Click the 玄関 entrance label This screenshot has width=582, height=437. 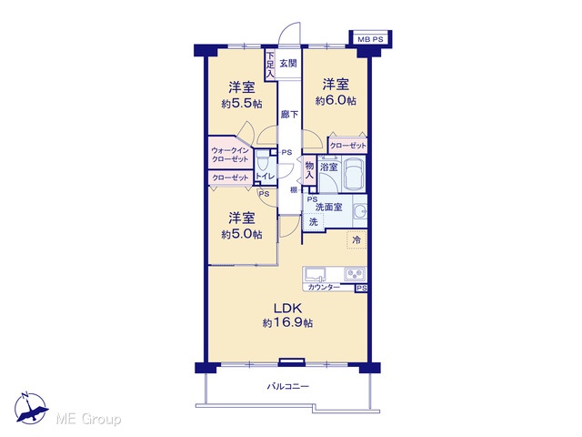click(288, 63)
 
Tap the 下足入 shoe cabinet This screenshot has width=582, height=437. click(270, 65)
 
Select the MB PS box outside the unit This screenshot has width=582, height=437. click(370, 38)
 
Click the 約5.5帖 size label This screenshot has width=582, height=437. click(242, 104)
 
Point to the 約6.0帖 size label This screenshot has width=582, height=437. click(336, 101)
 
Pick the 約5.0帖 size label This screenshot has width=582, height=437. click(242, 235)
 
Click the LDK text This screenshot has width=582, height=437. click(287, 308)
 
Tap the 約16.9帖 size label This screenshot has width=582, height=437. click(287, 323)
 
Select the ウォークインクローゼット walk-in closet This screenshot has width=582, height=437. click(230, 154)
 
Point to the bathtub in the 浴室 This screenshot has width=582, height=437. click(354, 174)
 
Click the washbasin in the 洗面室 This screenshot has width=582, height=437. click(359, 212)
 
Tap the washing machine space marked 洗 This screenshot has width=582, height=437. click(314, 222)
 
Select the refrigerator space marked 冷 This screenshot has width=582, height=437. click(356, 240)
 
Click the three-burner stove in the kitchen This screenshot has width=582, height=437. click(355, 274)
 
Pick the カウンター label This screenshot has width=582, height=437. click(324, 288)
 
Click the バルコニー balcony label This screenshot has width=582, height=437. click(288, 386)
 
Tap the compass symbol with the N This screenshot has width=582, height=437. click(31, 408)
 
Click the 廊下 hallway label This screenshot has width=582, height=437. click(289, 114)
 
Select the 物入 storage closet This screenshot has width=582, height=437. click(309, 170)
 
